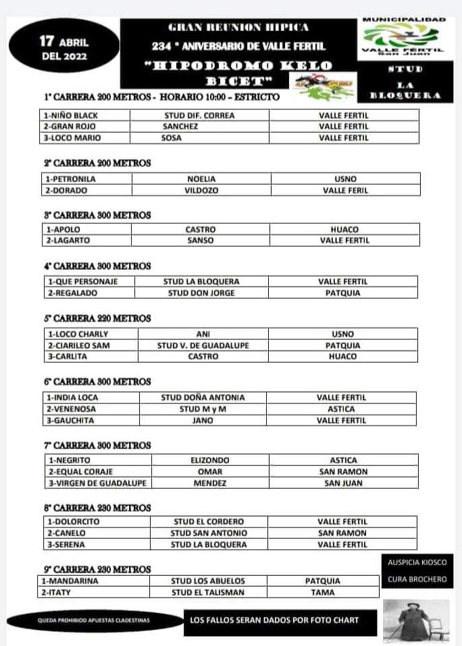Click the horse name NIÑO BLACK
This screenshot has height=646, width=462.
pos(71,115)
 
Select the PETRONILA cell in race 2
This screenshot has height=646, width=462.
pos(71,179)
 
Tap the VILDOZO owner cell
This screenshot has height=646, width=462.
pos(201,191)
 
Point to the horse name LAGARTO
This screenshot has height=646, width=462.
pos(68,241)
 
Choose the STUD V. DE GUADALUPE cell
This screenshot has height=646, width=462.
pos(203,345)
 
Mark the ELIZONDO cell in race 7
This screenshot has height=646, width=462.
pos(210,461)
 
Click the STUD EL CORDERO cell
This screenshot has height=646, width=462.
pos(208,522)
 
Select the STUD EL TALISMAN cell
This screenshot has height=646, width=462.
pos(207,593)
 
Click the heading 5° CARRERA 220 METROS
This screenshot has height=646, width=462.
pos(97,318)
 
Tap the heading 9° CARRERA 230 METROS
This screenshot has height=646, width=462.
pos(97,570)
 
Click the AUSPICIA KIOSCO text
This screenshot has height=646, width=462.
pos(417,562)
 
